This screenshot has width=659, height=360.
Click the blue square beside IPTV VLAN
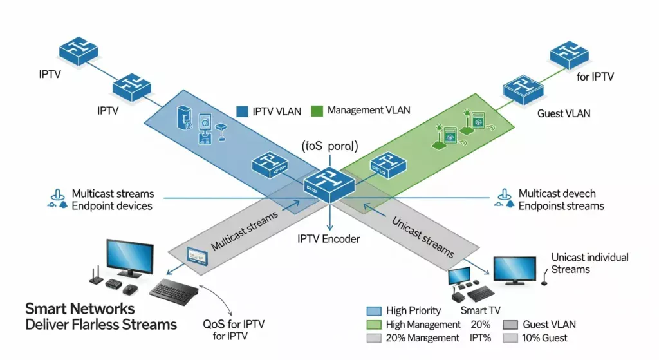coord(242,111)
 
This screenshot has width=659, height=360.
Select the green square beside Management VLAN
coord(316,111)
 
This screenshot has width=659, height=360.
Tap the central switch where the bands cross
coord(329,182)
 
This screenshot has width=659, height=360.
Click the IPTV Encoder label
coord(328,239)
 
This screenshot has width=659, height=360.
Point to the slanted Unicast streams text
coord(422,236)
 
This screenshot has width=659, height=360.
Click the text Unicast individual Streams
coord(589,263)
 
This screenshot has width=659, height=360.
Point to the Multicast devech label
coord(557,193)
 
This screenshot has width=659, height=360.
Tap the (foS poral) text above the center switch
coord(329,146)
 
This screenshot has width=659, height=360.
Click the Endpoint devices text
coord(112,206)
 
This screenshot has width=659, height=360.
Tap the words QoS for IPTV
coord(234,324)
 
